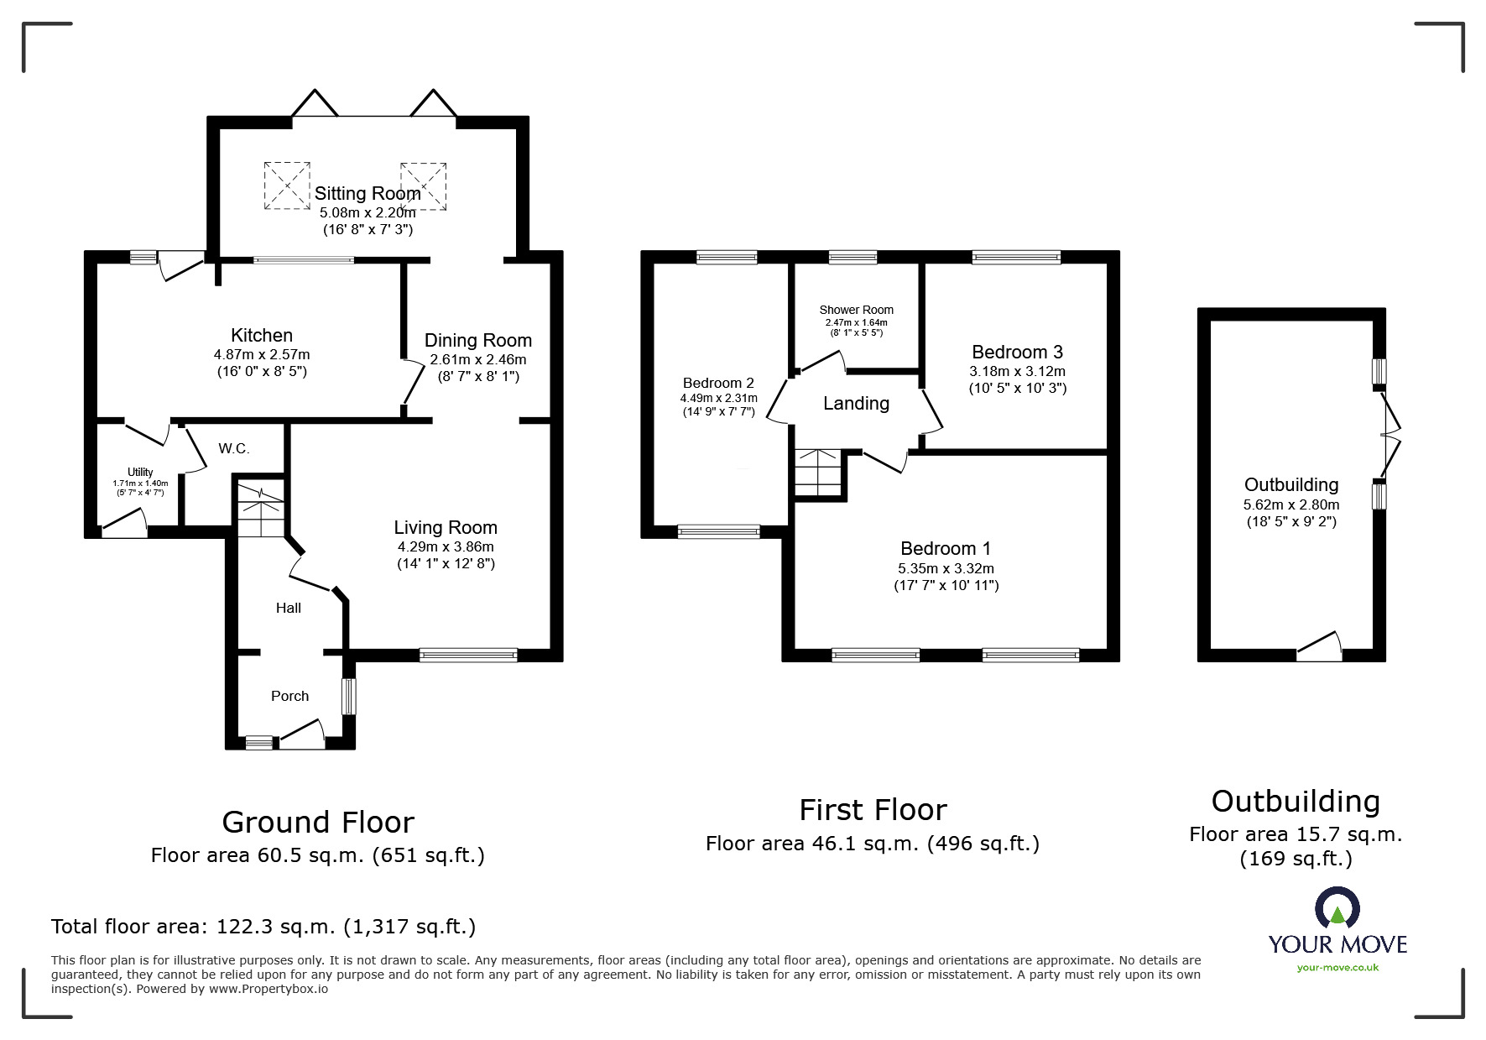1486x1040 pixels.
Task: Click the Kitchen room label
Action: coord(262,336)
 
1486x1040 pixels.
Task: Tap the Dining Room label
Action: coord(478,340)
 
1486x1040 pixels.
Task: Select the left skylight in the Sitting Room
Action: coord(287,186)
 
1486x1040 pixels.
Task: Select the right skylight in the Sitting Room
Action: coord(423,186)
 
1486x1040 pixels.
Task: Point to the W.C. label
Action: coord(234,448)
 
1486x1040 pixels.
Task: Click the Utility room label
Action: coord(140,472)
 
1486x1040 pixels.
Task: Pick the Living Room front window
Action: coord(469,656)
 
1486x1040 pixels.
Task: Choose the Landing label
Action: coord(856,404)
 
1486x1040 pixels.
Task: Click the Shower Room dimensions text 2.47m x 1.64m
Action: coord(856,322)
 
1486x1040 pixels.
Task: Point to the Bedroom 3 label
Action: coord(1017,352)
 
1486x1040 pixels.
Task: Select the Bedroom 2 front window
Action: coord(718,530)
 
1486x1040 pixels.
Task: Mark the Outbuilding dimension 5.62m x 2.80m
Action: coord(1291,505)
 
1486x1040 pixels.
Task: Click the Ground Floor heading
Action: coord(318,822)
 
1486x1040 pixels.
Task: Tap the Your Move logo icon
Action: coord(1337,908)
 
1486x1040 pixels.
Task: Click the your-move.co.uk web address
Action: coord(1337,968)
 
